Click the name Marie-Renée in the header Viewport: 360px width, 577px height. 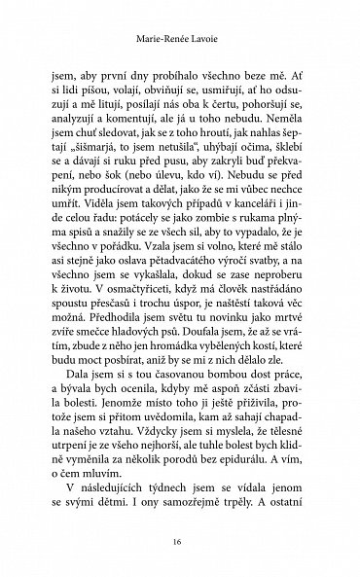(162, 43)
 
